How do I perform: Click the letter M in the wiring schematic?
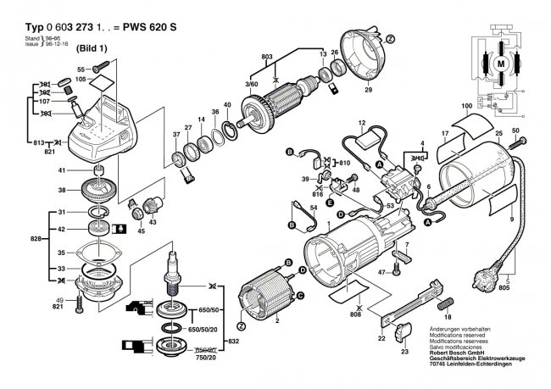click(x=501, y=64)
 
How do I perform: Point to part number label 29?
click(x=368, y=90)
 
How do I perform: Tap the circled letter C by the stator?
click(x=299, y=295)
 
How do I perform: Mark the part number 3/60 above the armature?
click(x=252, y=85)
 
